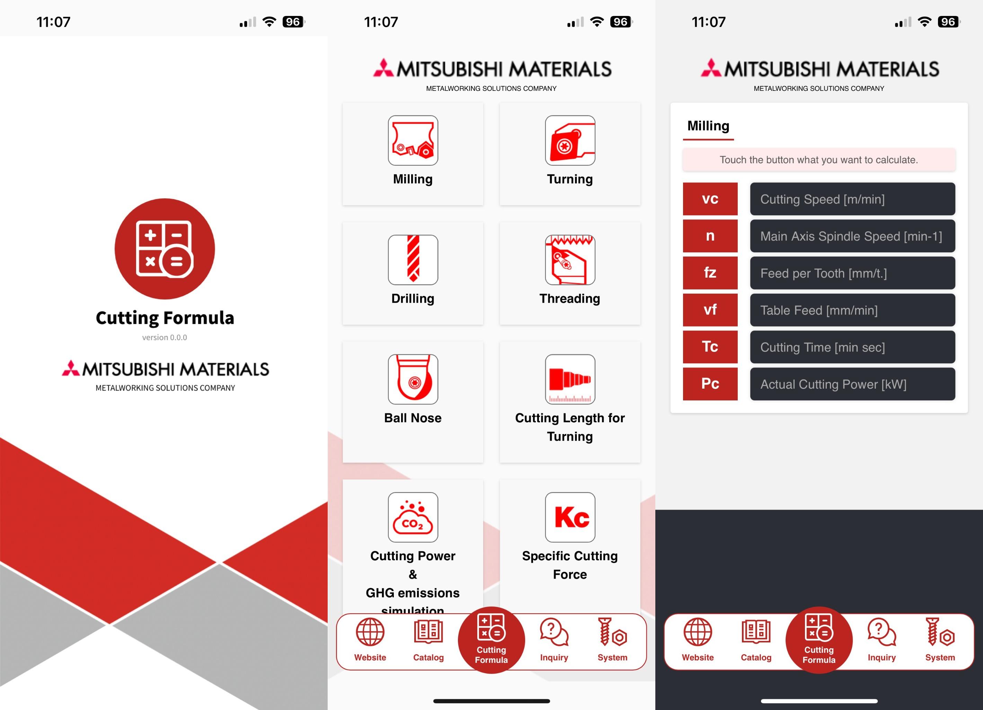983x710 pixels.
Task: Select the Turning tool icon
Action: (570, 140)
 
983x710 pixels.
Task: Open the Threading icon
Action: (570, 259)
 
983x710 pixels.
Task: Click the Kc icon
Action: (570, 517)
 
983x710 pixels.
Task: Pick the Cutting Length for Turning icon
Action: (570, 379)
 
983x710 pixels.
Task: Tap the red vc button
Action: (710, 199)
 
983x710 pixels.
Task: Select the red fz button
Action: (710, 273)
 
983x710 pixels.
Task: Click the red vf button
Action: (710, 310)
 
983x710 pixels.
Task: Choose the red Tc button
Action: (710, 347)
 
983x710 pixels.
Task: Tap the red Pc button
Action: (710, 384)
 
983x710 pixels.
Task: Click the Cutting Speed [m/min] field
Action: (852, 199)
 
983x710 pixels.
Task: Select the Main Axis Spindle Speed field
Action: (852, 236)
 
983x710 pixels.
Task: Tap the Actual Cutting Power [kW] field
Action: (852, 384)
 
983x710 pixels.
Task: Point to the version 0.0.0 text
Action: (165, 337)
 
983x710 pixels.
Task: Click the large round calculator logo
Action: (165, 249)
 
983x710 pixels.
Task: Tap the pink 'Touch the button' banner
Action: (819, 159)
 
